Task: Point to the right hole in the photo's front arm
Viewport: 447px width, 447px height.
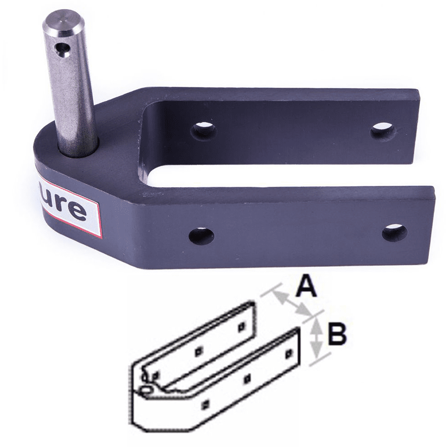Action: (394, 232)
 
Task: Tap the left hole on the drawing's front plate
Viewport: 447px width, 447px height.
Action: (207, 402)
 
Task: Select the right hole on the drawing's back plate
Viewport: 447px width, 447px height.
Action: (241, 326)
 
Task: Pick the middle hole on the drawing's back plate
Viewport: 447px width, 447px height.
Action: (198, 351)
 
